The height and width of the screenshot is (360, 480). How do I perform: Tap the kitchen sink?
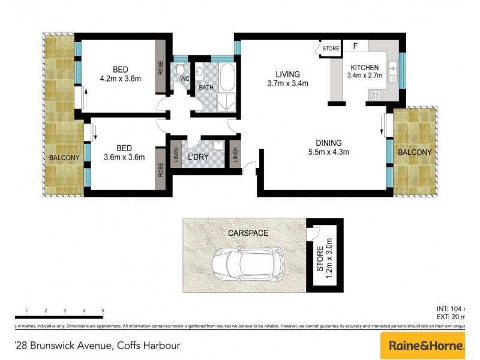pos(393,72)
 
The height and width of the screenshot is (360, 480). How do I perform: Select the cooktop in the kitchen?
pos(376,94)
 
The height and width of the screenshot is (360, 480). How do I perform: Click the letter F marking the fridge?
pos(355,46)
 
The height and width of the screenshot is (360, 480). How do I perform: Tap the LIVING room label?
pos(287,74)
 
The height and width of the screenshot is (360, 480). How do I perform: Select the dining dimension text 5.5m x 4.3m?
pos(329,152)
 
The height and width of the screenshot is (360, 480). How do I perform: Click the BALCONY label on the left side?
pos(64,158)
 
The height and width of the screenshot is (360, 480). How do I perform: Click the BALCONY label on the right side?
pos(415,152)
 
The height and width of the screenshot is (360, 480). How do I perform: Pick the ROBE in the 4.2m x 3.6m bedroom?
pos(161,67)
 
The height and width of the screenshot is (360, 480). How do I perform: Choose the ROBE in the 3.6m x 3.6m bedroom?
pos(161,170)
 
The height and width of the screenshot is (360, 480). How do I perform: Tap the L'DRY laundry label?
pos(198,157)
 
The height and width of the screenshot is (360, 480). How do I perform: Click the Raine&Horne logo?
pos(426,346)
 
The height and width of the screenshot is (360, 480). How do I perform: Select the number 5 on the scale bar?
pos(103,310)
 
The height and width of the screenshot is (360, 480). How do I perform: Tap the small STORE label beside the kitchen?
pos(331,49)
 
